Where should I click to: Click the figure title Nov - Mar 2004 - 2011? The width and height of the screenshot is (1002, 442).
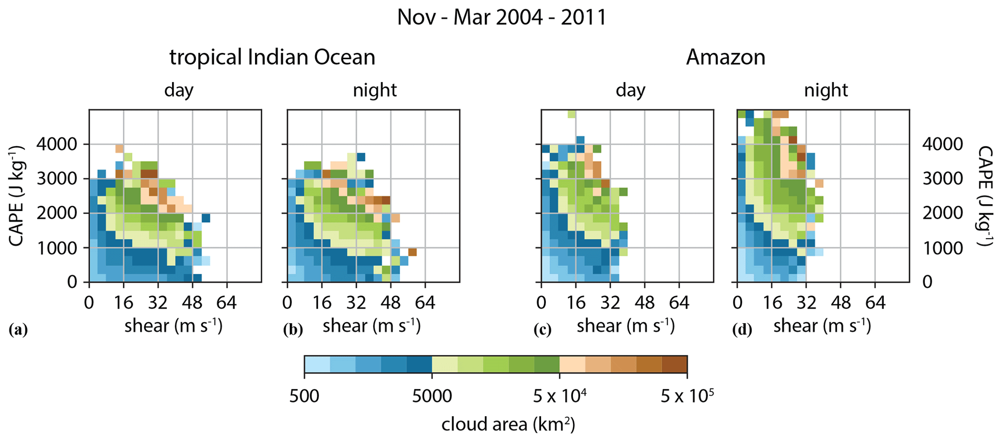tap(502, 17)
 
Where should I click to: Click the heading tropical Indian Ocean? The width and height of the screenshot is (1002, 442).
tap(272, 58)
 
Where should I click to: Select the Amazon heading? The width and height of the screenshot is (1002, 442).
tap(726, 58)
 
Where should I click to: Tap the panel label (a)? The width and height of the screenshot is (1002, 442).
tap(18, 330)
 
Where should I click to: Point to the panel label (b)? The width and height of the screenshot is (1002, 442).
tap(293, 330)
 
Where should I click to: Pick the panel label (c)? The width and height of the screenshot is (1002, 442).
tap(542, 330)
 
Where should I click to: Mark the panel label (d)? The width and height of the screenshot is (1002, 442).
tap(742, 330)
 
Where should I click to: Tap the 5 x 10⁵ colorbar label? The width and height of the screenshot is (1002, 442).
tap(687, 396)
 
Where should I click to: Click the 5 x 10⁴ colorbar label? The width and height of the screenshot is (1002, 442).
tap(560, 396)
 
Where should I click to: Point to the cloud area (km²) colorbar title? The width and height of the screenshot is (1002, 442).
tap(508, 425)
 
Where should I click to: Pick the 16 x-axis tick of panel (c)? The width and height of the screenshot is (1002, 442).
tap(575, 303)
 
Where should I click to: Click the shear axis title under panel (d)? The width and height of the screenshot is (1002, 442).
tap(822, 325)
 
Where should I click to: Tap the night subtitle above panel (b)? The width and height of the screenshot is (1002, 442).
tap(375, 90)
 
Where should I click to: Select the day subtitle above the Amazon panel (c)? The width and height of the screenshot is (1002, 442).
tap(630, 91)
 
